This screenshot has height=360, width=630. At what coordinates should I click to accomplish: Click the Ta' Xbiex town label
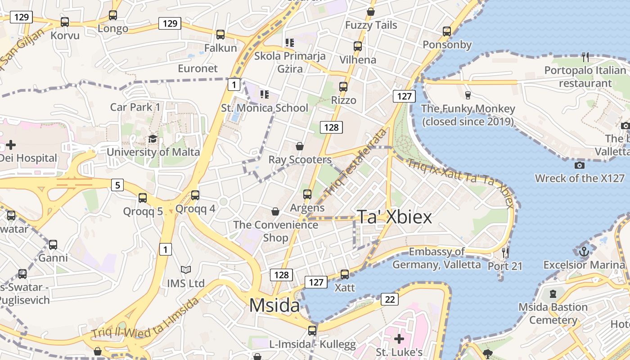coord(394,217)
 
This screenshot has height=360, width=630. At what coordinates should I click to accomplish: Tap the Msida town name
coord(274,306)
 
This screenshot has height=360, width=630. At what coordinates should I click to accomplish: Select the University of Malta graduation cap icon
coord(153,139)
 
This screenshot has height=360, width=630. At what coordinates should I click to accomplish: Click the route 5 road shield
coord(117,184)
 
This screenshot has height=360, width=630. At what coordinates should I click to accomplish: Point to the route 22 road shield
coord(390,299)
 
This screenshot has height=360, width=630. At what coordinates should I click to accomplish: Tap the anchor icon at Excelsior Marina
coord(584,251)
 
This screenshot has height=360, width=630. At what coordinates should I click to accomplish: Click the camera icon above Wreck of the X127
coord(580,165)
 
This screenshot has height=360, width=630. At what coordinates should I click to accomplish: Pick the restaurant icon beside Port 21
coord(505,253)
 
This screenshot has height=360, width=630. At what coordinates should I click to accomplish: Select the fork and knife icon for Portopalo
coord(585,57)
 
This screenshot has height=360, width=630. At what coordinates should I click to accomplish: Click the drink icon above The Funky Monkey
coord(468,95)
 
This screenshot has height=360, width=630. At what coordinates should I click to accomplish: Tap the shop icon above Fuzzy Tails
coord(371,12)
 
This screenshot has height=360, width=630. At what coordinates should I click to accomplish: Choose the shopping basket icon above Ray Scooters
coord(300,146)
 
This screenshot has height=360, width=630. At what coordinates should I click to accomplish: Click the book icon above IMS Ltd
coord(185,270)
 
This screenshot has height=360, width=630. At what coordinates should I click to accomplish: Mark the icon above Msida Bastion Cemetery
coord(553,294)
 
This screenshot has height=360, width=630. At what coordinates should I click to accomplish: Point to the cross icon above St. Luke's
coord(399,338)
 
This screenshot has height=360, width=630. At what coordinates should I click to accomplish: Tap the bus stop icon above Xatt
coord(345,274)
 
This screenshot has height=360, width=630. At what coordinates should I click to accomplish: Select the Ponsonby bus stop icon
coord(446,31)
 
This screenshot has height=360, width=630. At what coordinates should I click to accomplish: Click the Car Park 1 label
coord(135,107)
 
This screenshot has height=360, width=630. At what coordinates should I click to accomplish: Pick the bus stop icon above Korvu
coord(65,22)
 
